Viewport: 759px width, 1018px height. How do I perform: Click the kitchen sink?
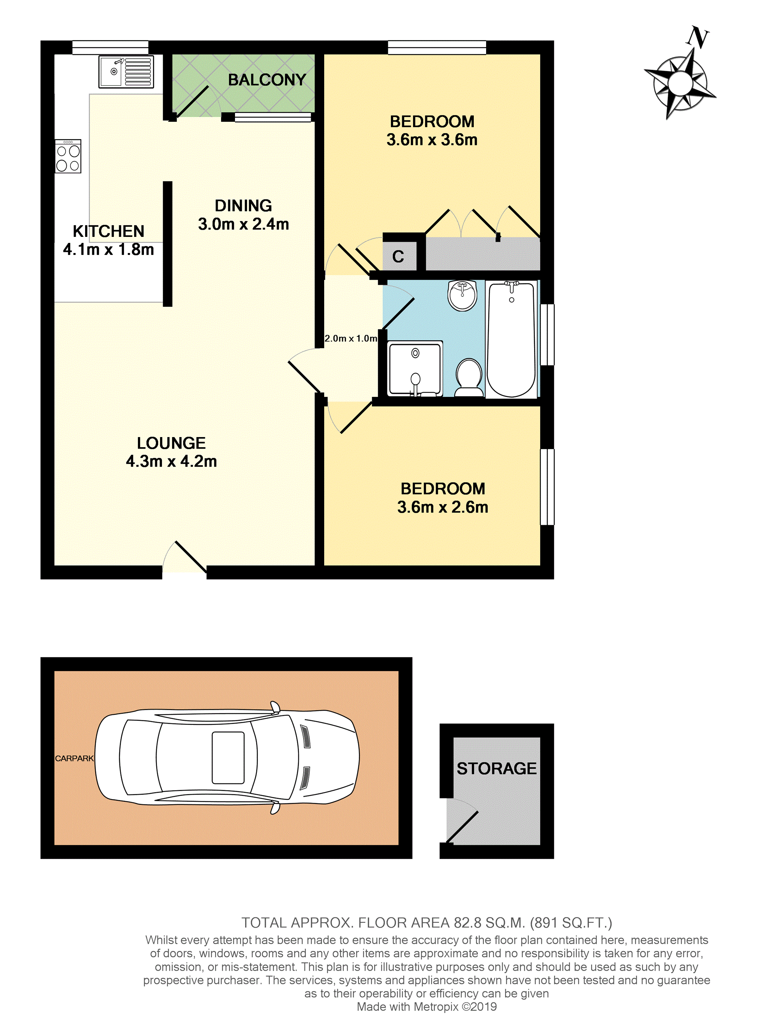[x=126, y=72]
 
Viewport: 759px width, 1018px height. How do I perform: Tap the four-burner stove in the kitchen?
[x=68, y=156]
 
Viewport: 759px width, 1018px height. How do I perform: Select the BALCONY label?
[x=267, y=80]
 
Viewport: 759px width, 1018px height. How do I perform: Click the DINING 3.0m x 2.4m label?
[x=244, y=214]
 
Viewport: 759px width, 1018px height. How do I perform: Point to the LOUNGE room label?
[x=171, y=443]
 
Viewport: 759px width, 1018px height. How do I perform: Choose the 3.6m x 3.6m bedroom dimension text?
[x=432, y=140]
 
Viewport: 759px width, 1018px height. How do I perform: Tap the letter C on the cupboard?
[x=398, y=256]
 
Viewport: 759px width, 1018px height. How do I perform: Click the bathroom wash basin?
[x=463, y=295]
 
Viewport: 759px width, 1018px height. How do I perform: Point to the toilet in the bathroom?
[x=469, y=377]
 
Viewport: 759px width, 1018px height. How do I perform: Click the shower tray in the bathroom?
[x=415, y=368]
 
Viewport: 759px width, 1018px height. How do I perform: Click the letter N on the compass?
[x=698, y=38]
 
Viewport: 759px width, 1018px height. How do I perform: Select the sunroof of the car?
[x=228, y=758]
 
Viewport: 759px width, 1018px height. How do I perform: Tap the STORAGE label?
[x=497, y=768]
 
